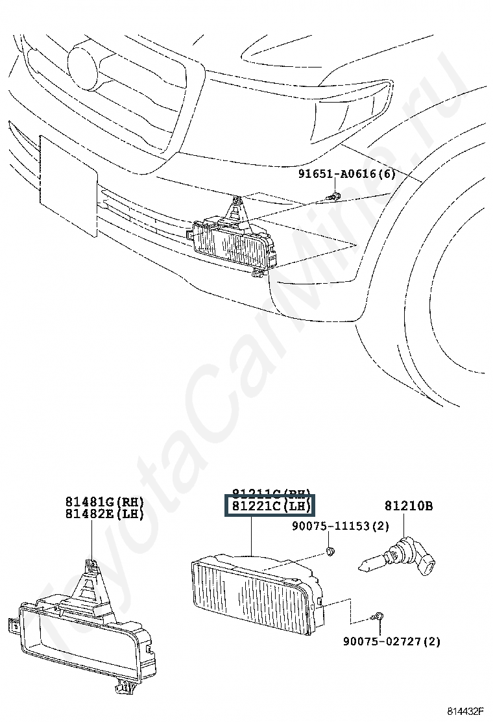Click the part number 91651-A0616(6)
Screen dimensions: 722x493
coord(346,174)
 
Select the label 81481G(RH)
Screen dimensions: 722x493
coord(104,502)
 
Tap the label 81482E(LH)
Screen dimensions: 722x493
coord(104,514)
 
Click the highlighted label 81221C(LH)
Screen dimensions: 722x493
coord(269,506)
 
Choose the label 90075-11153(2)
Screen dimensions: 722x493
coord(348,527)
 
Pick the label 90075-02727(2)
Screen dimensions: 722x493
coord(391,641)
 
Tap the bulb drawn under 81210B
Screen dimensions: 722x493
coord(398,559)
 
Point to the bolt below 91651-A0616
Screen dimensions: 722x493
coord(334,195)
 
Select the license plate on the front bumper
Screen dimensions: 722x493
coord(68,184)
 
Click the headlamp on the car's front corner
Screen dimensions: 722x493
coord(350,107)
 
